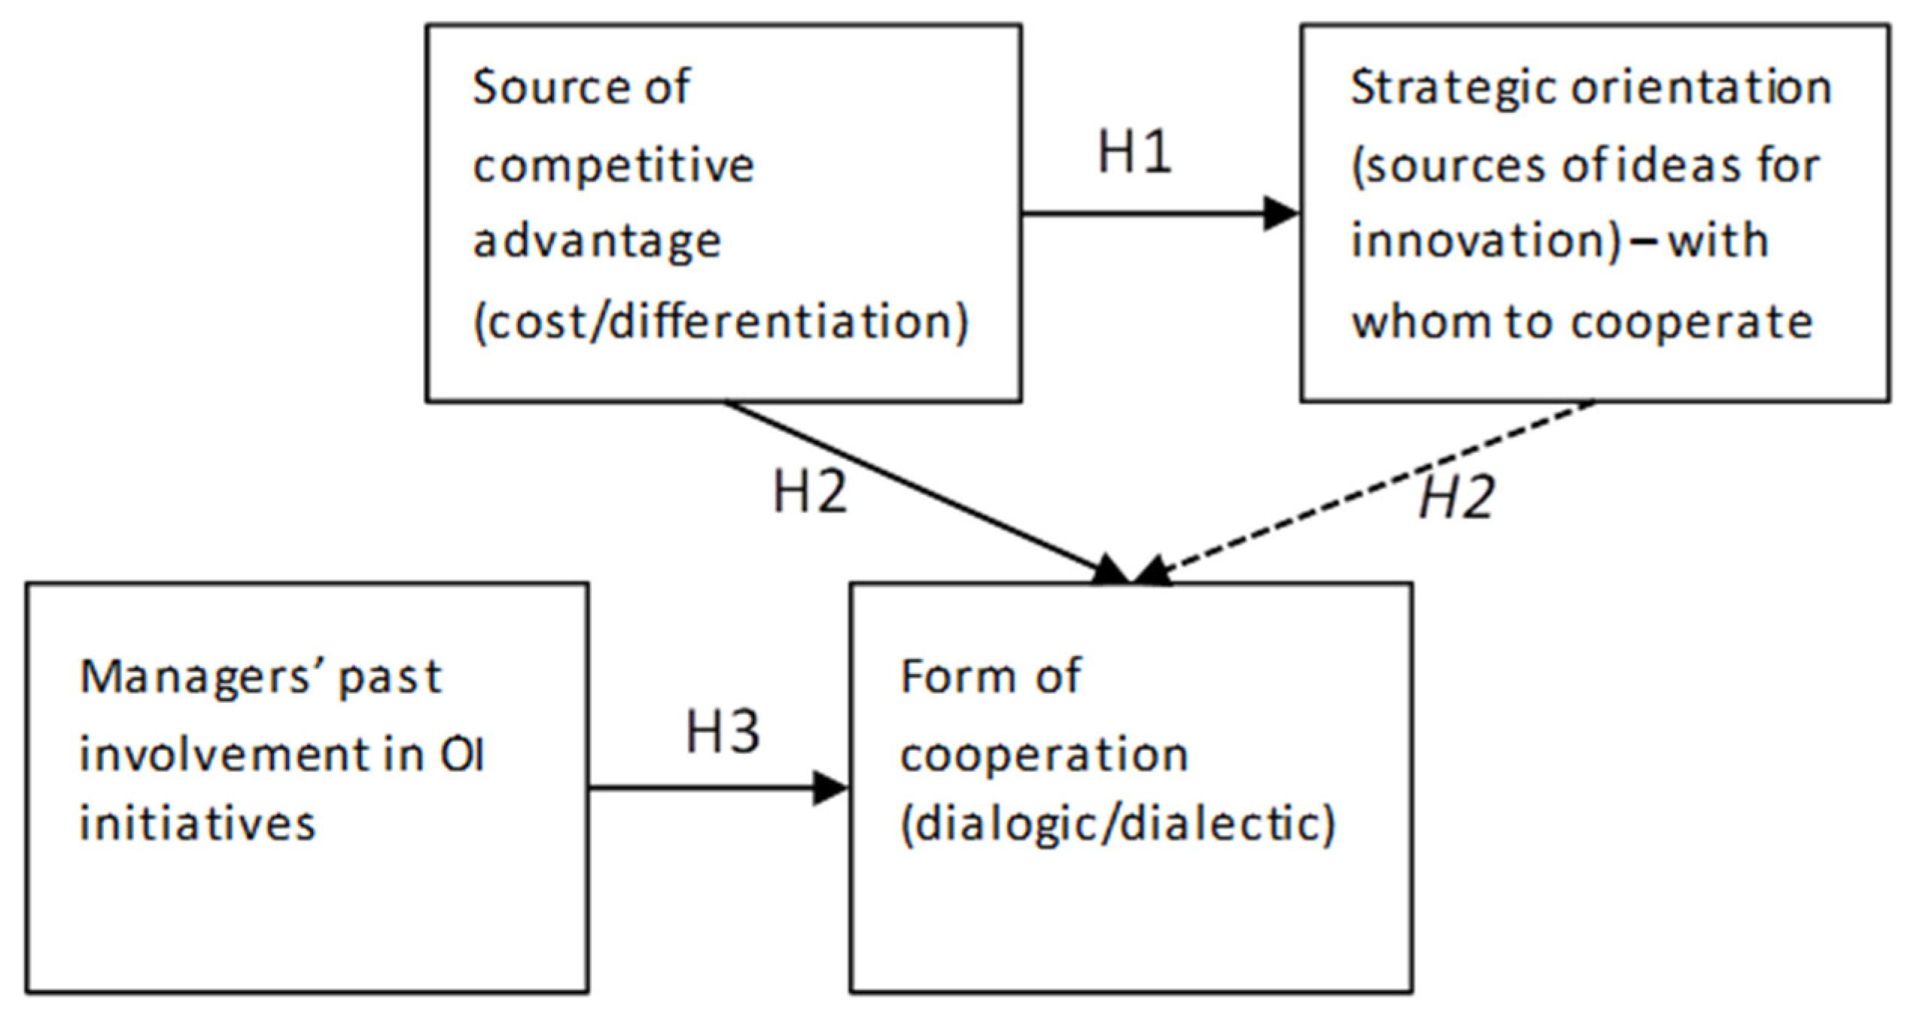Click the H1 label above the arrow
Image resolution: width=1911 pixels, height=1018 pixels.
[1134, 152]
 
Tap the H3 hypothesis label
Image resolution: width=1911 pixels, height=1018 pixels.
[723, 731]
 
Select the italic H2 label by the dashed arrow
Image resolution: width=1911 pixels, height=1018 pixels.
[1456, 498]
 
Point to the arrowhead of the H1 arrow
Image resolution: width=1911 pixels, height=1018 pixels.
[1282, 214]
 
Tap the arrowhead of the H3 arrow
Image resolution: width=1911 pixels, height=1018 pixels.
[832, 789]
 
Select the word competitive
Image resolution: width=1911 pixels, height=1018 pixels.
[613, 166]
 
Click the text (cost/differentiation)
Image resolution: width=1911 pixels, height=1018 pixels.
[721, 322]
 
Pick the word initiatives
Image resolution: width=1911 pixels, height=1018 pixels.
[197, 823]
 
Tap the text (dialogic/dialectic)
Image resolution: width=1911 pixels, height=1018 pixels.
[1118, 823]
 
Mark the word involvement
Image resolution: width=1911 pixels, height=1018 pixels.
[225, 755]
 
